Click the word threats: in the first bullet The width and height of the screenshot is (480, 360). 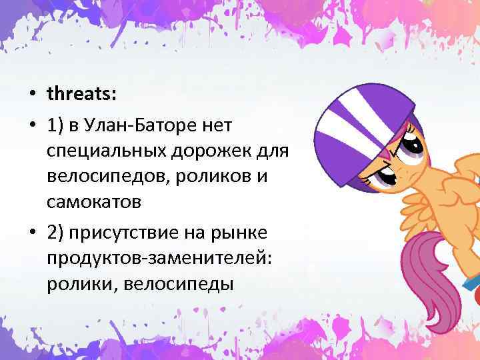tap(81, 94)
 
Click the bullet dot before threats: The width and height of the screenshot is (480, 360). tap(32, 95)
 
